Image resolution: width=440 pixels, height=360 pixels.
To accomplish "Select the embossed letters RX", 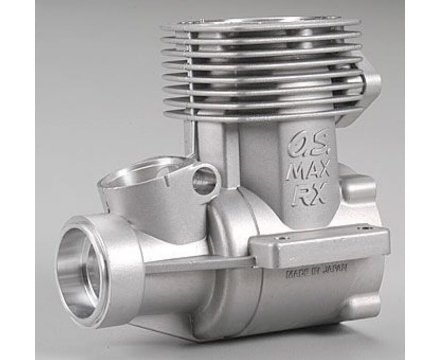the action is click(308, 195).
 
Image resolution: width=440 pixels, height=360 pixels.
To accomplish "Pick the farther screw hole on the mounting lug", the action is click(364, 228).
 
